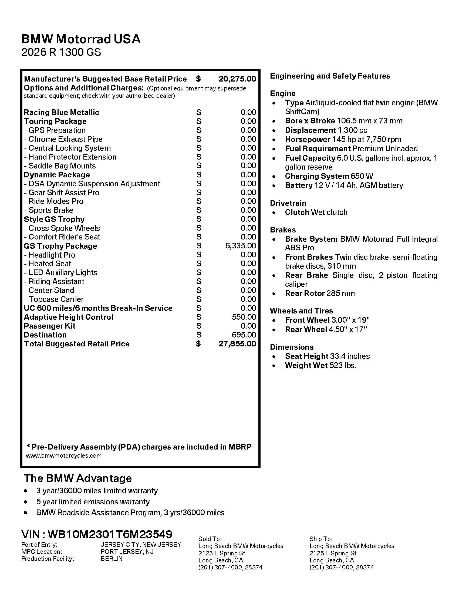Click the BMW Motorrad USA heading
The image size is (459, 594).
[81, 39]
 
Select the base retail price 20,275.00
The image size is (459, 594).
[237, 79]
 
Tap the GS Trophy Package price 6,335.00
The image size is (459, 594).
[241, 246]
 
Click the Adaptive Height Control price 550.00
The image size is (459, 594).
[244, 317]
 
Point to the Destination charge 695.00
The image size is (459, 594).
[244, 335]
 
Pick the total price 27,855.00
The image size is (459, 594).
[237, 344]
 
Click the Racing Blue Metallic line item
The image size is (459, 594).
[62, 112]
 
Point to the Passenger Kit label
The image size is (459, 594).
[49, 326]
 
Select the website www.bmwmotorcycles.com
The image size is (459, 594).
[64, 455]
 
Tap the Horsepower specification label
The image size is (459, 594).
[307, 140]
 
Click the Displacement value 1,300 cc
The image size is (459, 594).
[352, 130]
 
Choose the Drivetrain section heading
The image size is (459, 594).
[288, 203]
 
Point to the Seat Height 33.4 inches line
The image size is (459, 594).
[327, 356]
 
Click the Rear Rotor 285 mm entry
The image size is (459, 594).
[320, 293]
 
